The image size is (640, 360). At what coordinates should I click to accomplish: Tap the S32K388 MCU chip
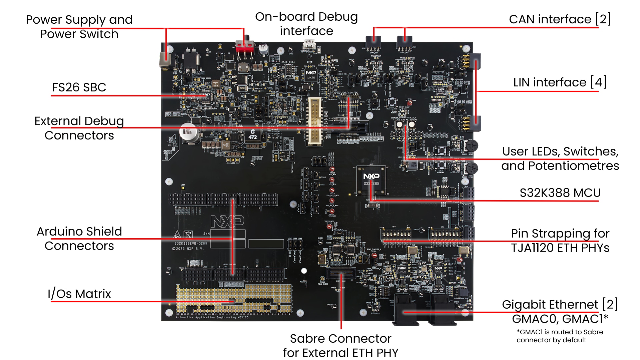371,180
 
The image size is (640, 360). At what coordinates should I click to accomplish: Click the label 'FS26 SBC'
79,87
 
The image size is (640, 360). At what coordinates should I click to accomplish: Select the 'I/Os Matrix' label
79,294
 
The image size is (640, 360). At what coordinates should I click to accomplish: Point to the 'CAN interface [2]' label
560,19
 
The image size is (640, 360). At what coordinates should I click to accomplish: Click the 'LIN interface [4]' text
560,82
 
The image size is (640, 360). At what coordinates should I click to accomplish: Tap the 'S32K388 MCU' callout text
560,193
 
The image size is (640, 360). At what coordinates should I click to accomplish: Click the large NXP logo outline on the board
227,222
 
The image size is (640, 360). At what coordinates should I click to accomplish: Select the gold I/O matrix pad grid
233,299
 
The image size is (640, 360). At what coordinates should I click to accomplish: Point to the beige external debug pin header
314,121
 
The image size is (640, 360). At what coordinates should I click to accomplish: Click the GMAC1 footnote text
560,336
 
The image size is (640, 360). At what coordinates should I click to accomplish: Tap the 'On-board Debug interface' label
306,24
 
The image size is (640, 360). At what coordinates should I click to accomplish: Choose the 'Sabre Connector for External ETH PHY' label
341,346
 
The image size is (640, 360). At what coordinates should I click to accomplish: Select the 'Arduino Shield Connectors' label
79,239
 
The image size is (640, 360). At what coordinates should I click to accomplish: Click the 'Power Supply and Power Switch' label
79,27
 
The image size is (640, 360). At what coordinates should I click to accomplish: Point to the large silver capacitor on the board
189,132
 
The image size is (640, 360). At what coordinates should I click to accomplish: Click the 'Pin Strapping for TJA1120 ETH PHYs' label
560,241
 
